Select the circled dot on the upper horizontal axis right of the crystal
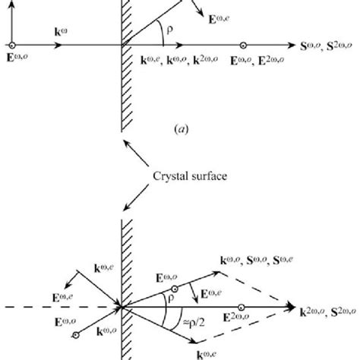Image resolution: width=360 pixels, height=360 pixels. pos(242,46)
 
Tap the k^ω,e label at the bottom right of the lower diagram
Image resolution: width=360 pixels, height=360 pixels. pos(229,352)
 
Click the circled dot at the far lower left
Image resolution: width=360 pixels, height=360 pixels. pos(76,336)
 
